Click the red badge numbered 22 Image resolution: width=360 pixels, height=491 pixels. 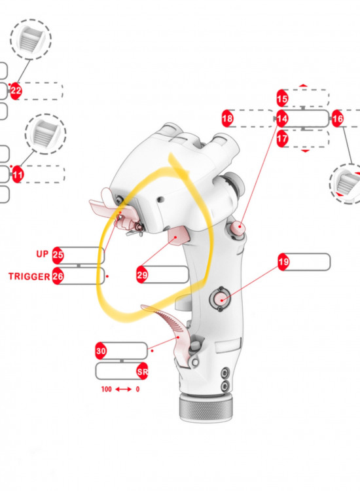click(16, 91)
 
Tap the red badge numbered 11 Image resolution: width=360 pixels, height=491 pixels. click(17, 174)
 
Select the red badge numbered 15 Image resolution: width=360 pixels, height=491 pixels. click(282, 99)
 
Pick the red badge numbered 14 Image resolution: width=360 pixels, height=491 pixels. click(282, 118)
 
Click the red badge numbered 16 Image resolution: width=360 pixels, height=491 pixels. click(338, 118)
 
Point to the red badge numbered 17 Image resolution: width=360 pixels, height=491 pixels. click(282, 138)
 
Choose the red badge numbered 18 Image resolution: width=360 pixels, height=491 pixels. click(227, 118)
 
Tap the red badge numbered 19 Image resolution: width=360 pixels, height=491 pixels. click(283, 262)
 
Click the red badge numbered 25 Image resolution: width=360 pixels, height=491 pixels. click(58, 255)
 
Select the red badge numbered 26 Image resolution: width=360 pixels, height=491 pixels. click(58, 276)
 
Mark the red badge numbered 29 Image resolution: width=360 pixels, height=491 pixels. click(142, 275)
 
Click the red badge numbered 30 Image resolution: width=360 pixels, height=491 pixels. click(101, 351)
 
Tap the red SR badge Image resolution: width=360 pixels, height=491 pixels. click(143, 371)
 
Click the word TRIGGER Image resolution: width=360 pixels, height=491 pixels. click(29, 276)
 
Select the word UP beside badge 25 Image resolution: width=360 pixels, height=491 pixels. click(43, 254)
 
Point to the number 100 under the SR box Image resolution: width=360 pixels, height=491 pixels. click(107, 390)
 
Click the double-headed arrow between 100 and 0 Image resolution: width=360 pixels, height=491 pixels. click(123, 390)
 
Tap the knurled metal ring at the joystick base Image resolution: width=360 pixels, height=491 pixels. click(206, 409)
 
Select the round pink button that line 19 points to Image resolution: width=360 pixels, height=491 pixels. click(221, 300)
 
